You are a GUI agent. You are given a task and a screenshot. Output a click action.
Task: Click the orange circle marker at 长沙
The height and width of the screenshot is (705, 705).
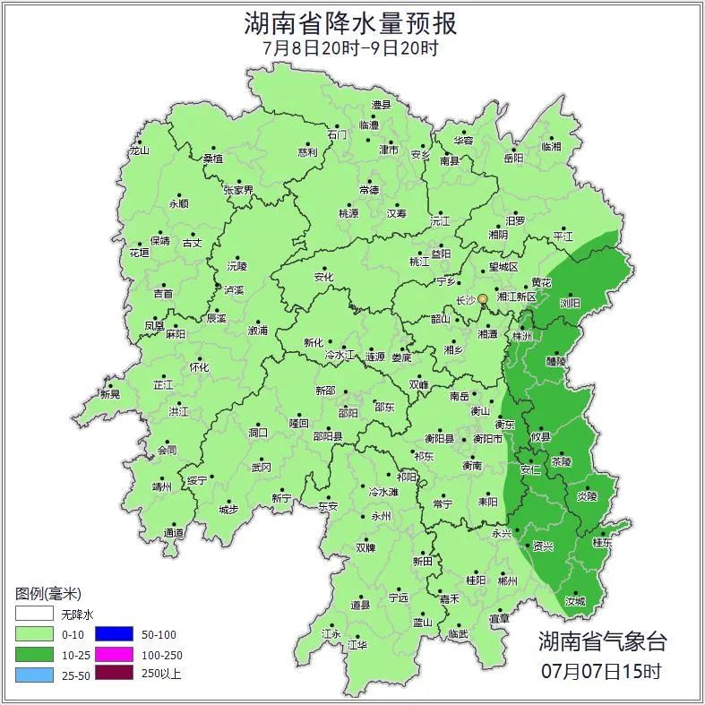tap(483, 298)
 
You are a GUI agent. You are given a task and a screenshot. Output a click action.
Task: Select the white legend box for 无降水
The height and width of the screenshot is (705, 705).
tap(34, 615)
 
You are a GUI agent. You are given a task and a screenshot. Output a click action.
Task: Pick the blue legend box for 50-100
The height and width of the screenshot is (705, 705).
tap(114, 634)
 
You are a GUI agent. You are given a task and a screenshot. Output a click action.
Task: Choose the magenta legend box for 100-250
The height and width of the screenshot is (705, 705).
tap(114, 654)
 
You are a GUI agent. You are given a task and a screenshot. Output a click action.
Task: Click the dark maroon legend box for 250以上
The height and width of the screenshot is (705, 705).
tap(114, 674)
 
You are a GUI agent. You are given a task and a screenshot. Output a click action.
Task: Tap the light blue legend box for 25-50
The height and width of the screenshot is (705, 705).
tap(34, 674)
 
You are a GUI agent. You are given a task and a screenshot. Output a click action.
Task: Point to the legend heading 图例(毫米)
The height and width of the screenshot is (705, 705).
tap(48, 594)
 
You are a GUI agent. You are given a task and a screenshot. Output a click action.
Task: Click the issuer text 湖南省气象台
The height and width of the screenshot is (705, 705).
tap(602, 641)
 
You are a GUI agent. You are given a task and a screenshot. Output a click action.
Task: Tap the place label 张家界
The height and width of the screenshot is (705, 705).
tap(238, 190)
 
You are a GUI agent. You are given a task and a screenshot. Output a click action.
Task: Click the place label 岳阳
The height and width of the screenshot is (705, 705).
tap(513, 159)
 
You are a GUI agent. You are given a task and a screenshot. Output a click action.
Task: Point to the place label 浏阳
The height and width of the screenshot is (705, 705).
tap(570, 303)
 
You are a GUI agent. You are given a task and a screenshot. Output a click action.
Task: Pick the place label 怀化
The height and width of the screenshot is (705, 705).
tap(199, 367)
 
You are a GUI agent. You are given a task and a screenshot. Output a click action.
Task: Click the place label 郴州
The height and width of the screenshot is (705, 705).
tap(507, 580)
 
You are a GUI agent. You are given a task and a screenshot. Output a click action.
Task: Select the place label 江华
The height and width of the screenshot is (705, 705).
tap(357, 644)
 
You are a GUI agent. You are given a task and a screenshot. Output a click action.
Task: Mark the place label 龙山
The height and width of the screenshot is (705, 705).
tap(139, 150)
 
